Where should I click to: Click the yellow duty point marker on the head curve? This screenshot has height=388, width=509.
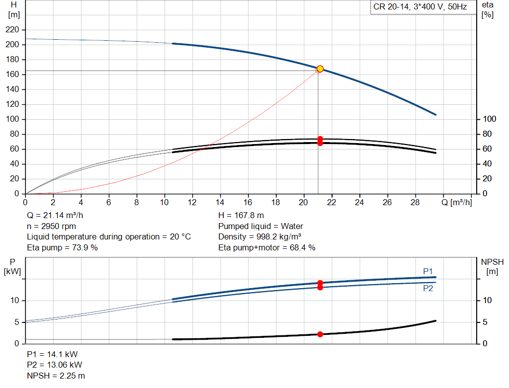tap(320, 69)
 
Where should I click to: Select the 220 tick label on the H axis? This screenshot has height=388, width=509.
tap(12, 29)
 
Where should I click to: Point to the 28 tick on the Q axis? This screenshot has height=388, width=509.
tap(415, 202)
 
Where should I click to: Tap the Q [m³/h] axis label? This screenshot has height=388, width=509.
tap(457, 202)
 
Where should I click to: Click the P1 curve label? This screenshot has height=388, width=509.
tap(428, 271)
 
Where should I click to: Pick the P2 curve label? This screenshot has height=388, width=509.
tap(428, 288)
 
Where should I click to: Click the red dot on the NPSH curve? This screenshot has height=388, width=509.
tap(320, 334)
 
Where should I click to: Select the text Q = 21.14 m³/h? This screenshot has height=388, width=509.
tap(55, 216)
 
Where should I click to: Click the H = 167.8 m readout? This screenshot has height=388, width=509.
tap(241, 216)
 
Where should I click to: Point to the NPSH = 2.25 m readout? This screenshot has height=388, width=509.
tap(56, 376)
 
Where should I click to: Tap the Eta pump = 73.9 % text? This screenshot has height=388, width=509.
tap(62, 247)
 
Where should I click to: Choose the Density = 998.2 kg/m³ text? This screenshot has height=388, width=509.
tap(259, 237)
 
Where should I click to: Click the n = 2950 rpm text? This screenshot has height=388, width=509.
tap(51, 226)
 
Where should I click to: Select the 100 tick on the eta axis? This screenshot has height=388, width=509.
tap(490, 119)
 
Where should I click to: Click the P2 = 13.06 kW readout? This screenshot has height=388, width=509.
tap(55, 365)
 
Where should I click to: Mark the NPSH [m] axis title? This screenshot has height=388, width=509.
tap(492, 267)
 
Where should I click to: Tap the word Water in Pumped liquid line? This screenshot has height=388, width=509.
tap(292, 226)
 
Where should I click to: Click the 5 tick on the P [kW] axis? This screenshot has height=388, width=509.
tap(17, 322)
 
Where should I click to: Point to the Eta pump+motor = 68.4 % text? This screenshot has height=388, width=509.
tap(267, 247)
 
